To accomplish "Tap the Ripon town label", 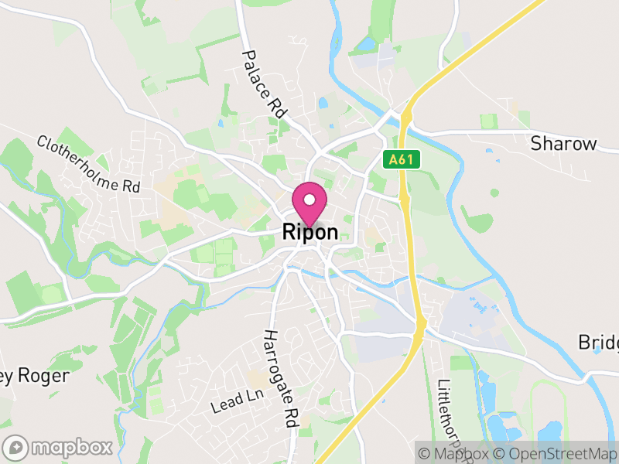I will click(309, 232).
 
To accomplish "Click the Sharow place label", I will click(563, 144).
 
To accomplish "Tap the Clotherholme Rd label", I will click(88, 164).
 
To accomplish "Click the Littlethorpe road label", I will click(452, 414).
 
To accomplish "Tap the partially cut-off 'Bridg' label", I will click(598, 343).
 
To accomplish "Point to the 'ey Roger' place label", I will click(36, 376).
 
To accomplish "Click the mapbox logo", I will click(59, 447).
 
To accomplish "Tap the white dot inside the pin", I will click(309, 200).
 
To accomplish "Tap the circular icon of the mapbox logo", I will click(15, 447).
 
